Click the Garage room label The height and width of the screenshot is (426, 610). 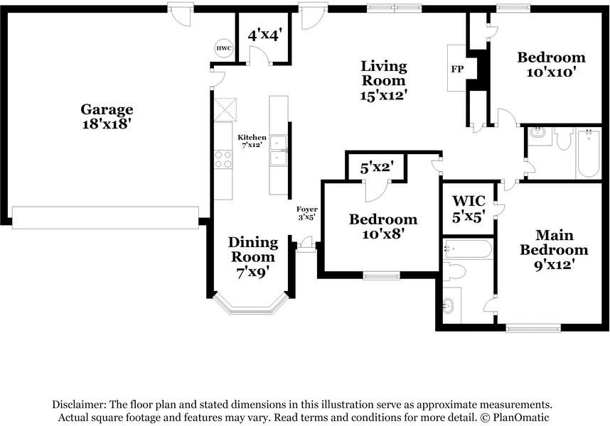[107, 116]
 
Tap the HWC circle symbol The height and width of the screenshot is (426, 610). [224, 48]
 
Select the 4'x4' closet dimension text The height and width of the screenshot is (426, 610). [264, 36]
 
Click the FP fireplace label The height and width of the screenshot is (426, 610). [458, 69]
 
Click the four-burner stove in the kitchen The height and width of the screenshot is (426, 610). [223, 160]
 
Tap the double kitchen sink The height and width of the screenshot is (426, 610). [279, 151]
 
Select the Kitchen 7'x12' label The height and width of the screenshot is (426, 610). [252, 141]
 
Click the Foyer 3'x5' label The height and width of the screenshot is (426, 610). [306, 213]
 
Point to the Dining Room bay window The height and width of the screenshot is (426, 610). [252, 307]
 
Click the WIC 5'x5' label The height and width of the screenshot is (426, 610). [469, 209]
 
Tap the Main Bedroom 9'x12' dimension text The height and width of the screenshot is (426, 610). [555, 265]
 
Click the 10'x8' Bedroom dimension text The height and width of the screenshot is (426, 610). [383, 234]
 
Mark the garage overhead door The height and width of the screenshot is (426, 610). [105, 217]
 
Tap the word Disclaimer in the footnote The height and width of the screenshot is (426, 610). [79, 405]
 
